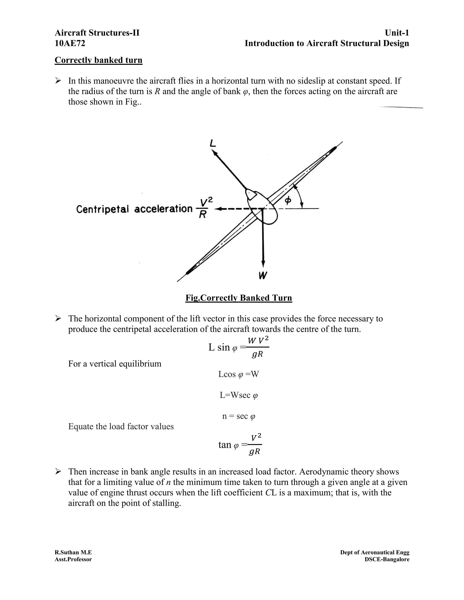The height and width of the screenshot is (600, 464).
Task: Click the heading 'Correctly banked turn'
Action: click(x=98, y=60)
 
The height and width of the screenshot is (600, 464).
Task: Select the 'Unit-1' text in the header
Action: click(x=397, y=33)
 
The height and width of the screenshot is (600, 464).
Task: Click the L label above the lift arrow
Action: click(x=213, y=143)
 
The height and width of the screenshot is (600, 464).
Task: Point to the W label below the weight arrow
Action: click(x=263, y=275)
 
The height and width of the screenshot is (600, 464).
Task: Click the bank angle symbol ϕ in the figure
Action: click(x=288, y=201)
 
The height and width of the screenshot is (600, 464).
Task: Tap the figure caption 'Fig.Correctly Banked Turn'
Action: click(x=239, y=298)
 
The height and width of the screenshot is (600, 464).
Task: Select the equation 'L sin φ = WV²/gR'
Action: click(x=239, y=347)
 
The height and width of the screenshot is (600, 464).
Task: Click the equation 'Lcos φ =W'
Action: click(x=239, y=374)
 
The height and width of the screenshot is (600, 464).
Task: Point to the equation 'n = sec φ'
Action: click(x=239, y=416)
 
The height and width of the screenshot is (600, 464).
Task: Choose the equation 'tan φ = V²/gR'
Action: click(x=240, y=444)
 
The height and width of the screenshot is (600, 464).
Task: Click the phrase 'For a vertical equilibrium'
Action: click(x=115, y=364)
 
